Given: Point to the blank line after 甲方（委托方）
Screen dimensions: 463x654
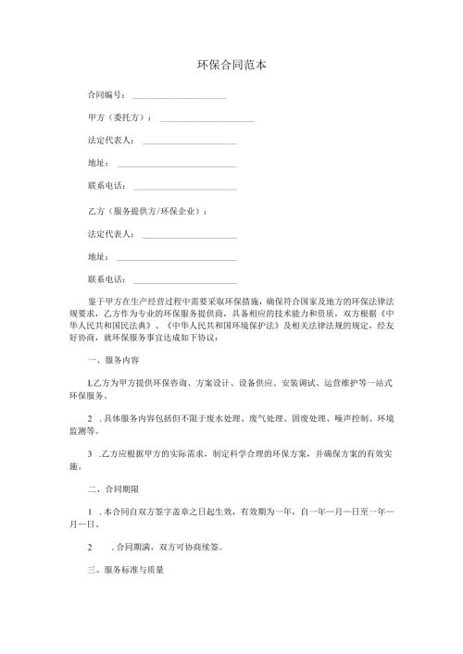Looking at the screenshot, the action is (x=207, y=119).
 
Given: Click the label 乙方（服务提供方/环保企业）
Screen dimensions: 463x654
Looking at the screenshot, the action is (x=147, y=211).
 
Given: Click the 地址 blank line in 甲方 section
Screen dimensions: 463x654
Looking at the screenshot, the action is (x=177, y=165).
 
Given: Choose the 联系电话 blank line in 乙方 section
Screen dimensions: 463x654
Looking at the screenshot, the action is (x=185, y=279).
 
